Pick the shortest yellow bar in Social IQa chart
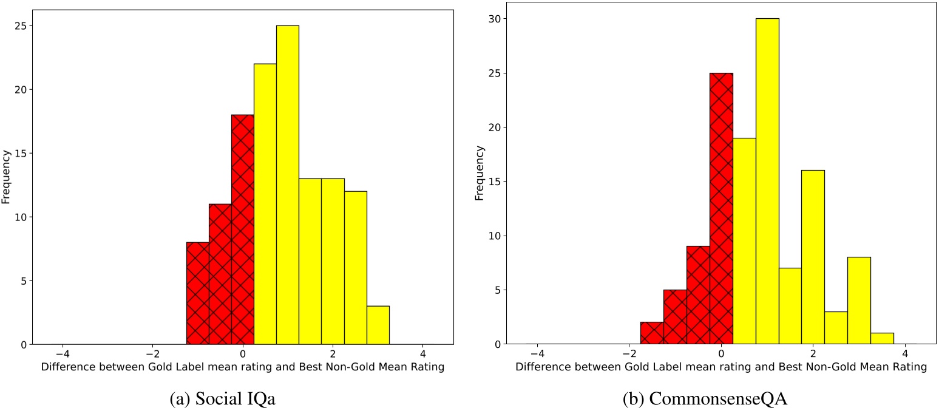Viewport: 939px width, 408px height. pos(378,325)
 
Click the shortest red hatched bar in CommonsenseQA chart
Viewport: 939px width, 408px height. pos(652,333)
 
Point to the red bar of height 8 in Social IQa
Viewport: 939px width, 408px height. pos(197,293)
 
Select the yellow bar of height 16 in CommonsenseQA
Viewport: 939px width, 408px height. pos(813,257)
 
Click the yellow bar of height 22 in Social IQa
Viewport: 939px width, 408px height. pos(265,204)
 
